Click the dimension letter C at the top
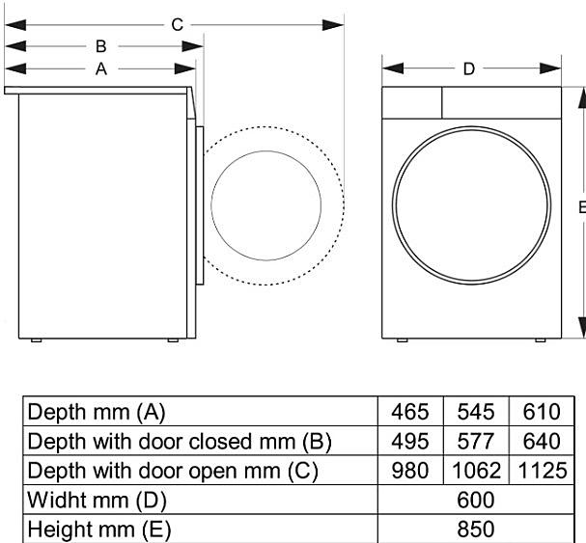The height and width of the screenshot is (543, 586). pos(177,25)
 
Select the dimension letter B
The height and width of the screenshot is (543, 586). pos(101,46)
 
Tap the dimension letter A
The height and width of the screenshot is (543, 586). pos(101,69)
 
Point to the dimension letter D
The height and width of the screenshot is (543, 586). pos(468,69)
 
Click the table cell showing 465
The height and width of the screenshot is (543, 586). pos(410,412)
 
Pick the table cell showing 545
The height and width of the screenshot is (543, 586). pos(476,412)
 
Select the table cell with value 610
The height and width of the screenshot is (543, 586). pos(542,412)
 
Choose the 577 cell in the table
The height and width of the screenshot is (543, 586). pos(476,441)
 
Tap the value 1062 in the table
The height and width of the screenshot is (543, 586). pos(476,471)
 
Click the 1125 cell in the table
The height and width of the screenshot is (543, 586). pos(543,471)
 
